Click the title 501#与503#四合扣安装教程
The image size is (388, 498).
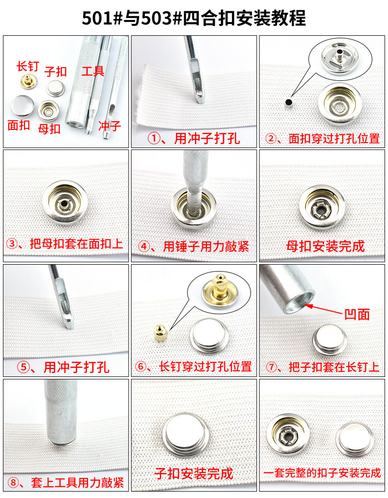click(x=194, y=18)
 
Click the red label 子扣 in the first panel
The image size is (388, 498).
click(x=55, y=72)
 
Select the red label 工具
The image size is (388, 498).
click(x=93, y=71)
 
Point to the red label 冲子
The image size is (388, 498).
click(x=109, y=126)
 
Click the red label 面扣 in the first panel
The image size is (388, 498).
click(x=19, y=125)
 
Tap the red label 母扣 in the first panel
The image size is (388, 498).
click(x=49, y=129)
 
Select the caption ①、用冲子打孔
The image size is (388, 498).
click(x=194, y=139)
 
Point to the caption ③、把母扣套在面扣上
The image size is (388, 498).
click(x=65, y=244)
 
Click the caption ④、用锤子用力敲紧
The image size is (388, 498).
click(x=194, y=246)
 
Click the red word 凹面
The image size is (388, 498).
click(x=357, y=314)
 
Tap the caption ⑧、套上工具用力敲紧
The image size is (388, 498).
click(x=66, y=483)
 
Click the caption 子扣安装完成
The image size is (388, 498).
click(x=194, y=473)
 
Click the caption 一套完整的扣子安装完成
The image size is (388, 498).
click(x=322, y=473)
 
